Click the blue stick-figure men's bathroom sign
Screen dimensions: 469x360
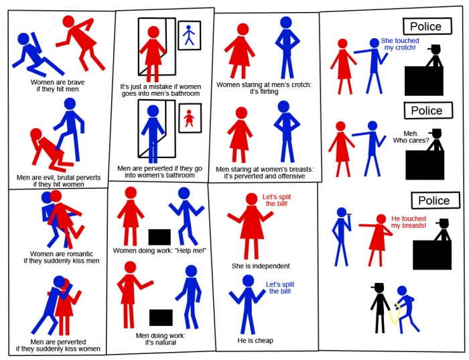[x=190, y=36]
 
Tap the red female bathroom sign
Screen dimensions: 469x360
[x=190, y=118]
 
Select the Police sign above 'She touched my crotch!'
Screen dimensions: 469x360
[x=427, y=26]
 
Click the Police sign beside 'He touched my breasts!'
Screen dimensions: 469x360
[x=435, y=200]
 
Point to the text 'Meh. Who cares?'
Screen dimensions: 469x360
[x=411, y=137]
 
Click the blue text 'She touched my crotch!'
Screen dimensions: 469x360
[x=400, y=44]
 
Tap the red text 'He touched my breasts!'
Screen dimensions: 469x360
[x=409, y=222]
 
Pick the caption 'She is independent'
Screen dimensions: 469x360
[x=261, y=266]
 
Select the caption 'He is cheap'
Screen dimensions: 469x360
[x=255, y=341]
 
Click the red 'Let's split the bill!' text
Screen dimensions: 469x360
[x=277, y=200]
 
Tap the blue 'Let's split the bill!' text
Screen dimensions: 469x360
[x=280, y=288]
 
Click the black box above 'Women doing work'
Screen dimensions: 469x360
[x=159, y=237]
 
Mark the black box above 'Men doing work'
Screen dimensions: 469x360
[x=161, y=318]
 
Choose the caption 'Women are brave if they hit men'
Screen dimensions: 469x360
[x=58, y=86]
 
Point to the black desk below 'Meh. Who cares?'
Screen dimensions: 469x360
[x=425, y=165]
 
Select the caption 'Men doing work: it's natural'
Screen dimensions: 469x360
[x=161, y=339]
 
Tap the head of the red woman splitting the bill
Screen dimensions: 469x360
[x=251, y=199]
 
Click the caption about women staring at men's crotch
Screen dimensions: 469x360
[x=264, y=88]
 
